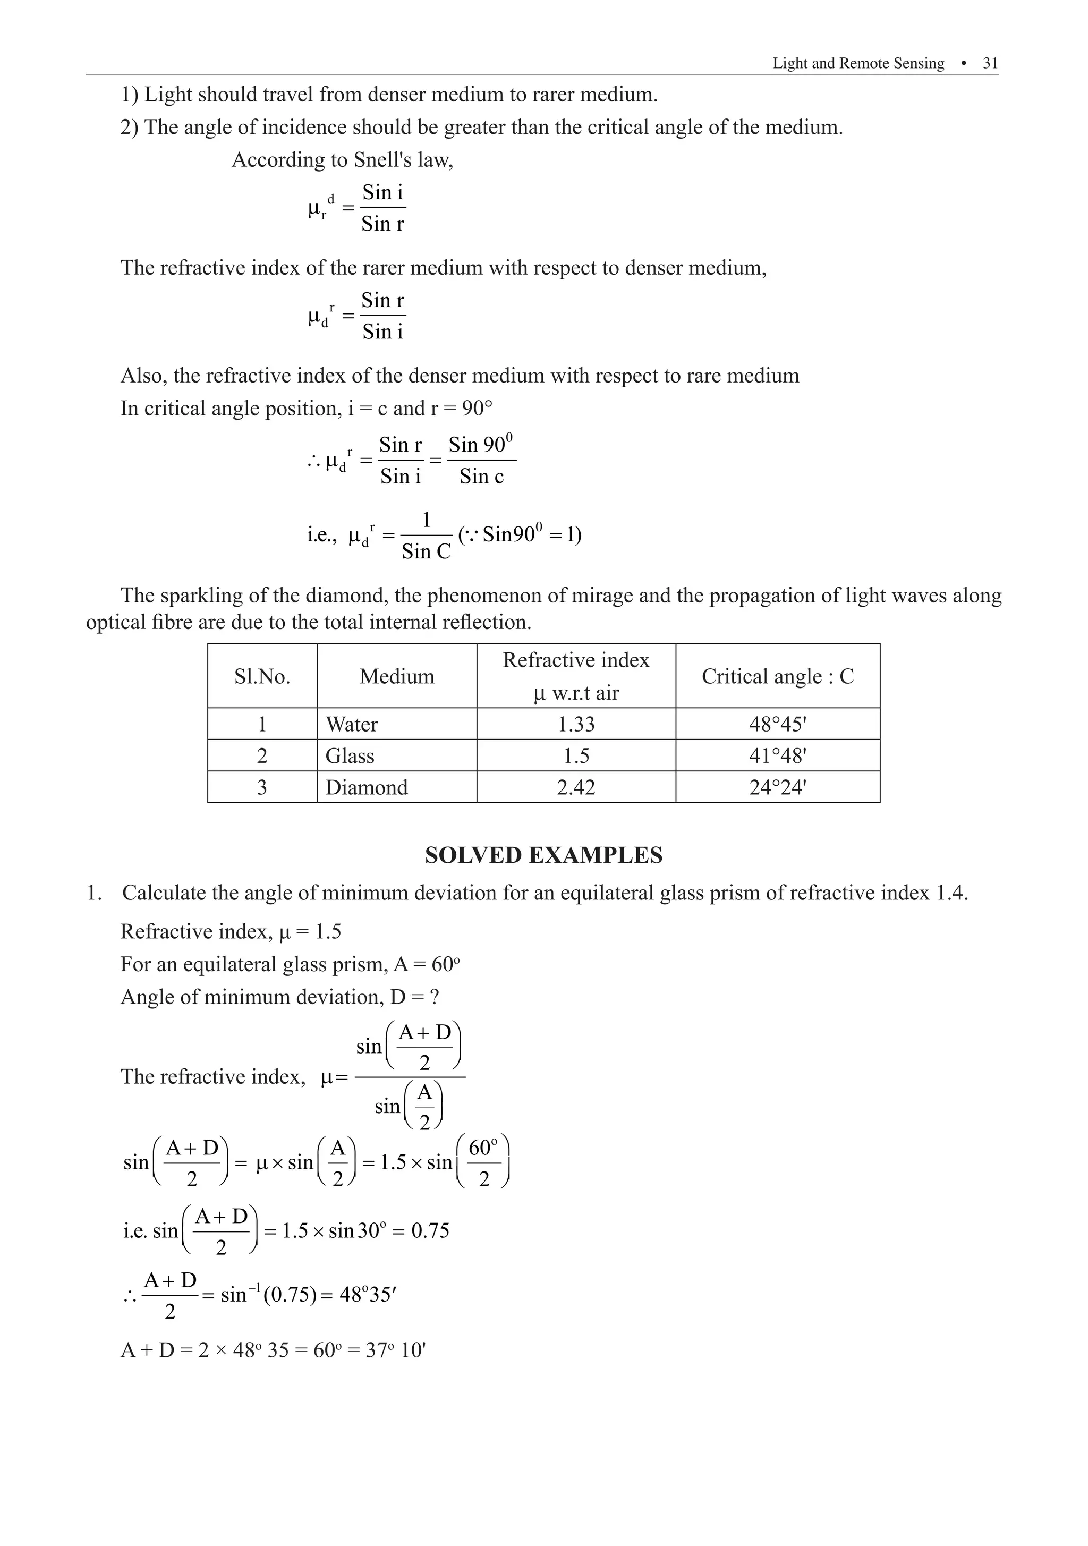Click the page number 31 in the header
990,63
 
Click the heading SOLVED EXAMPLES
543,855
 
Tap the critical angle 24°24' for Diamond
778,787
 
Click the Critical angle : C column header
778,676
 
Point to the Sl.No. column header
262,676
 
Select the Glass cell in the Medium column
350,756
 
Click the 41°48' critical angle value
778,756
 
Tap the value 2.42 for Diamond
576,787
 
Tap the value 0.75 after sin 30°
430,1231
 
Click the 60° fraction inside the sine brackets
483,1163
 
